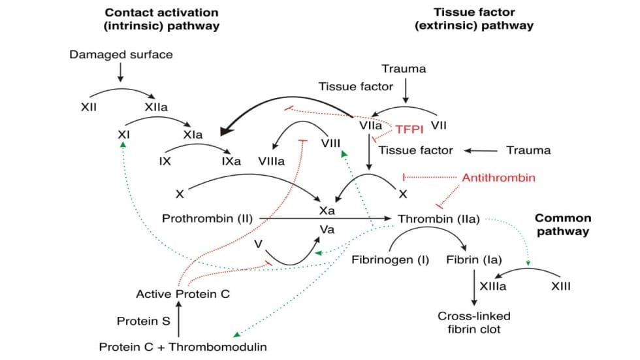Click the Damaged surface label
[x=121, y=54]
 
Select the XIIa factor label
[x=156, y=106]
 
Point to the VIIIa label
[x=272, y=161]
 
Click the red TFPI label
[x=409, y=129]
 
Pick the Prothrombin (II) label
[x=207, y=218]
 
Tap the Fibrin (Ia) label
[x=473, y=259]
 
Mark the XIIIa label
[x=493, y=286]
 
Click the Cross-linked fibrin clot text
[x=473, y=322]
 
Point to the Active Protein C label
[x=183, y=294]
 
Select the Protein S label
[x=143, y=321]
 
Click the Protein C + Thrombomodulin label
[x=183, y=347]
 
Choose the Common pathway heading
[x=563, y=225]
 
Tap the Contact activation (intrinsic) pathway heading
[x=161, y=19]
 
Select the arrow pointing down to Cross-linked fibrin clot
[x=473, y=287]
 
